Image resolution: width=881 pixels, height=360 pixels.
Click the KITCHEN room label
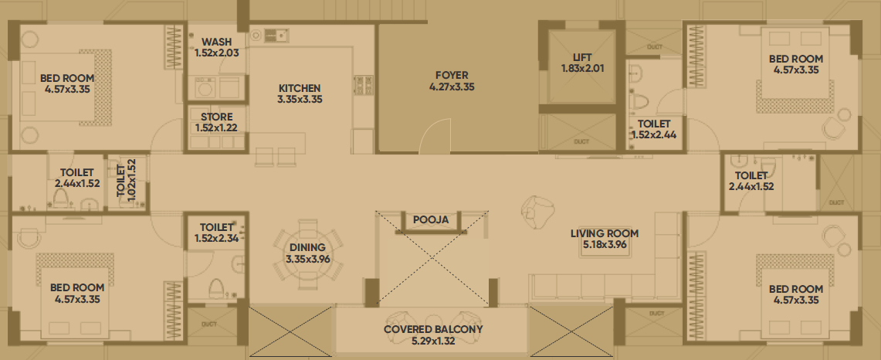(x=300, y=88)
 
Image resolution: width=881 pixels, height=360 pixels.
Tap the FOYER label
(x=452, y=76)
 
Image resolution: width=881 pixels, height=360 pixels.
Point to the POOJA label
(x=431, y=220)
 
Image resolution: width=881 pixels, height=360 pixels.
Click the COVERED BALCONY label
(x=433, y=330)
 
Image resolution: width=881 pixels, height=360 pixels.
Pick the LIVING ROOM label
(x=605, y=233)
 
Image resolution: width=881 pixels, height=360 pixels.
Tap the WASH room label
(x=216, y=42)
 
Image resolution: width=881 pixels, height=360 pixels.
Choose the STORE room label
(x=216, y=117)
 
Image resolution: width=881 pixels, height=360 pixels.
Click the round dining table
(x=308, y=253)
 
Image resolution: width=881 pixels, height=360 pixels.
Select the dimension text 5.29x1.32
(x=433, y=341)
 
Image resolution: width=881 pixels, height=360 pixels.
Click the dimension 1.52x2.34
(x=216, y=239)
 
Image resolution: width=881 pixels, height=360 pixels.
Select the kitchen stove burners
(x=363, y=85)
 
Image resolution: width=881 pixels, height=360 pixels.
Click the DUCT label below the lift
(x=581, y=141)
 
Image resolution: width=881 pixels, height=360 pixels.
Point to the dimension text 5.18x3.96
(x=605, y=245)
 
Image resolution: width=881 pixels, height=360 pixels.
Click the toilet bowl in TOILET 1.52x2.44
(x=640, y=102)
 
